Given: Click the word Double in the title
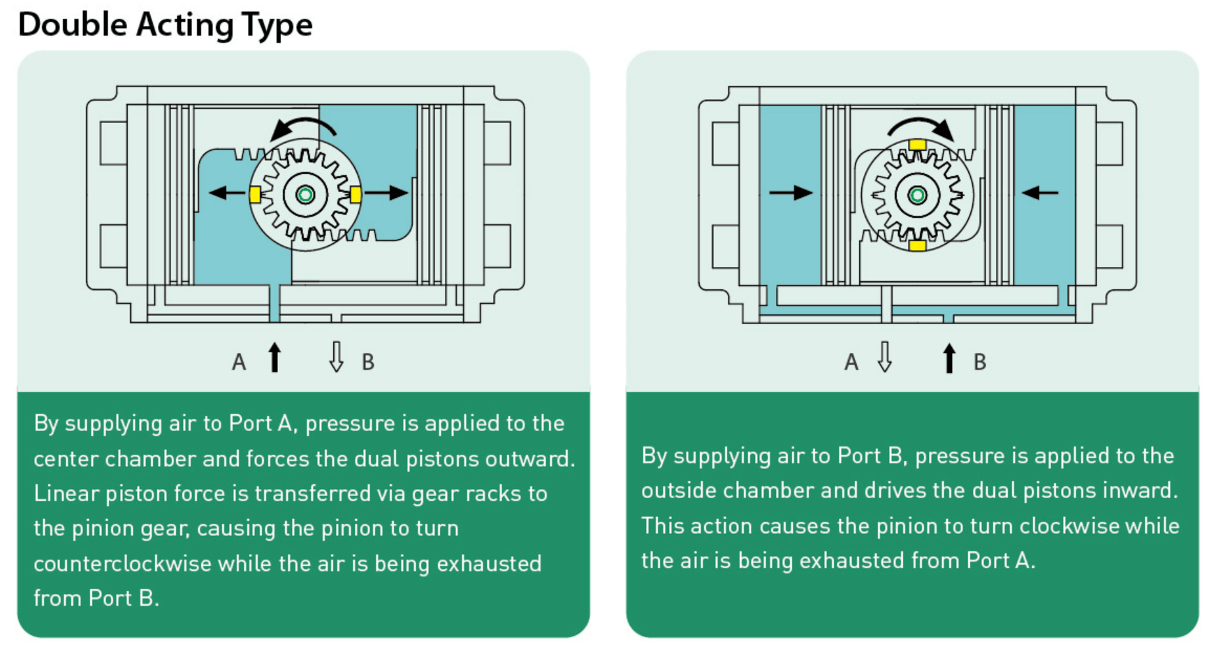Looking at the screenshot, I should click(72, 24).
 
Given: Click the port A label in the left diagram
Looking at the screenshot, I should click(239, 362).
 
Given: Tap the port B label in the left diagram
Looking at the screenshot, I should click(368, 362).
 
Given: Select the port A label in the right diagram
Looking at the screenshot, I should click(851, 362).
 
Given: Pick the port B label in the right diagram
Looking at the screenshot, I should click(980, 362).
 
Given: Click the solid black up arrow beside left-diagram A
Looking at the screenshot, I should click(274, 357).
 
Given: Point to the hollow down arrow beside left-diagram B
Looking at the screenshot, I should click(337, 357).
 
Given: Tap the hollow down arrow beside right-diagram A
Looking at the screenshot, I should click(885, 357).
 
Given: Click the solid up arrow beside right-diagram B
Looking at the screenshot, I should click(948, 358).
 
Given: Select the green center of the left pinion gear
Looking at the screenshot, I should click(305, 195).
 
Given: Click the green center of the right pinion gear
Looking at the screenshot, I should click(918, 195).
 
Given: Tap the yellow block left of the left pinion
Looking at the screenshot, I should click(255, 195).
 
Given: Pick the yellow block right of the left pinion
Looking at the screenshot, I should click(356, 194).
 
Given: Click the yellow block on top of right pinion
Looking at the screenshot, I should click(918, 145).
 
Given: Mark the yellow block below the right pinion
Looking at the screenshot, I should click(918, 245).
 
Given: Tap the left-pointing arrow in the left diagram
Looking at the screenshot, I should click(226, 193).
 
